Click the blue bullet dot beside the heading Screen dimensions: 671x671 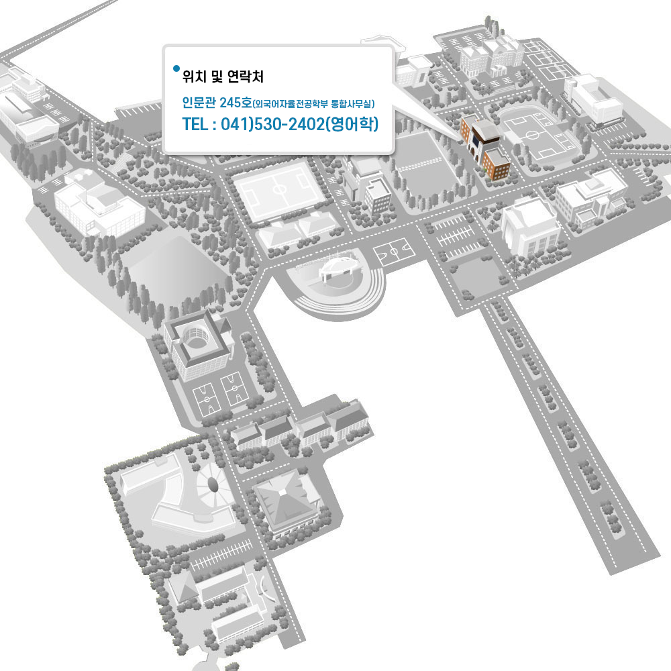point(176,68)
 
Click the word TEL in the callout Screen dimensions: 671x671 point(195,124)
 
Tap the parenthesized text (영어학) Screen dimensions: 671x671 point(350,124)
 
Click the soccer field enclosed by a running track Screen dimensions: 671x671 point(533,134)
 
